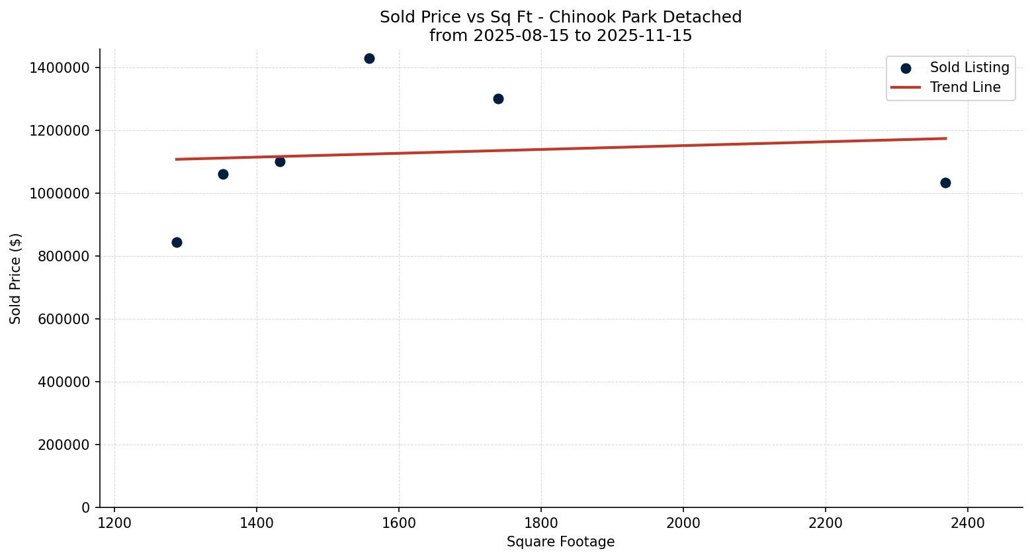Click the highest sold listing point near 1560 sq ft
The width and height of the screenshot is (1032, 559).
click(x=369, y=58)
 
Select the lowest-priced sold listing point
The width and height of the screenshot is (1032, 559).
click(x=177, y=242)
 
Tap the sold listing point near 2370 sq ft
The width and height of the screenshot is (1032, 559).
click(x=945, y=183)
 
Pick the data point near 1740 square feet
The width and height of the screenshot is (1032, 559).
click(x=498, y=99)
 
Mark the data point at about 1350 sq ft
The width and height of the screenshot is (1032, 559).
click(x=223, y=174)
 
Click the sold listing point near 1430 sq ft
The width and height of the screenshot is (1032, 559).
click(x=280, y=161)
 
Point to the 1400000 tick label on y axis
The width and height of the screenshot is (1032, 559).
click(x=60, y=67)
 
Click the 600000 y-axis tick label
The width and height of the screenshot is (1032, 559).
click(x=63, y=319)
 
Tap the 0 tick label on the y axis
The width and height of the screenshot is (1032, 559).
click(x=85, y=507)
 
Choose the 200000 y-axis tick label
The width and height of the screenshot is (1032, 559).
click(x=63, y=445)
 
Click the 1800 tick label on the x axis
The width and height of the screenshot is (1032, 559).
click(x=540, y=523)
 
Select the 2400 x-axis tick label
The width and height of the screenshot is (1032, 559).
click(x=967, y=523)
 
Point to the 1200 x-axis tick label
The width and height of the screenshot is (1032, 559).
click(x=114, y=523)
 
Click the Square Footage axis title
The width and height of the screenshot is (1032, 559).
click(x=560, y=542)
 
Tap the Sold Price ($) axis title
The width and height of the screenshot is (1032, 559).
click(x=16, y=279)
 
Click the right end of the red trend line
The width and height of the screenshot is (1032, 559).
click(x=946, y=138)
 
